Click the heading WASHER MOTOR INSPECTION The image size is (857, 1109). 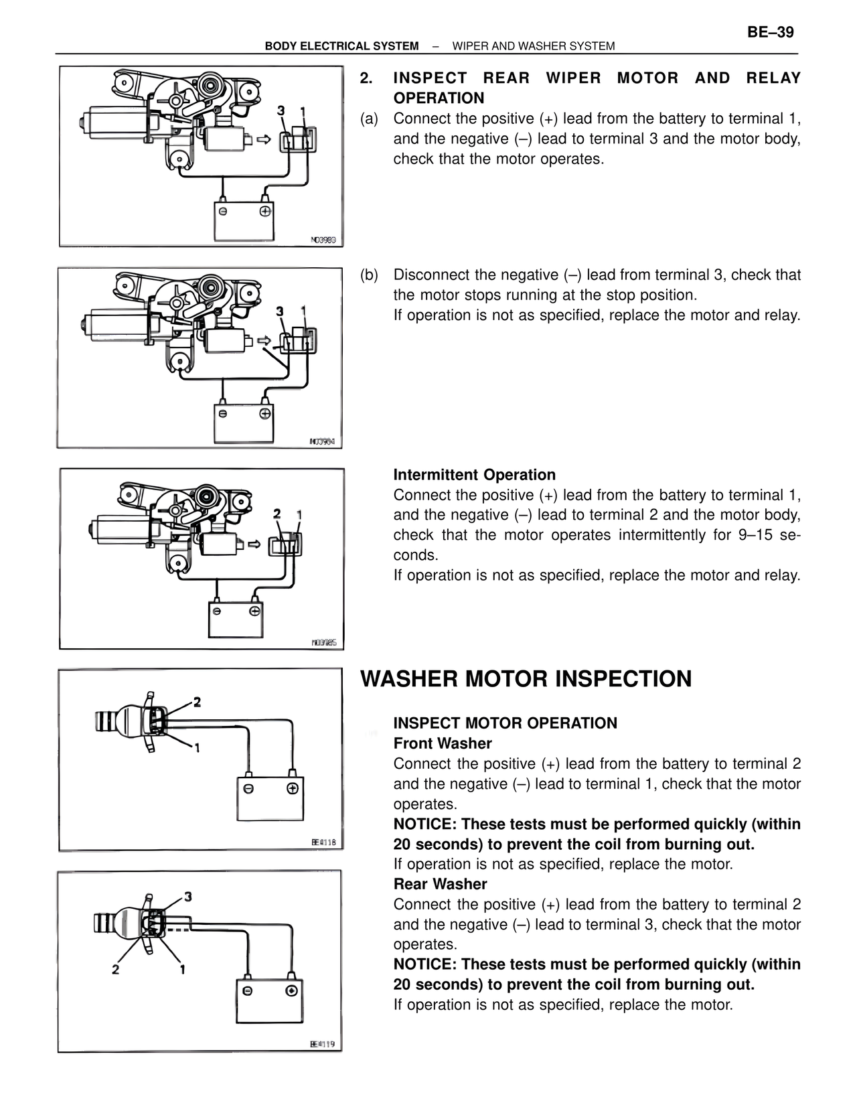pos(526,678)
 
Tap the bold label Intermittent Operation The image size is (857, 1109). pos(474,475)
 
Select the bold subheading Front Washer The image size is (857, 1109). pos(442,743)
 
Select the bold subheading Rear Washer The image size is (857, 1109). pos(440,884)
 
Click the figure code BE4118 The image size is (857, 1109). pos(323,842)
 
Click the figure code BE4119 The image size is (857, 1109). pos(322,1043)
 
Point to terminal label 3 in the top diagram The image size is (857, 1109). pos(281,111)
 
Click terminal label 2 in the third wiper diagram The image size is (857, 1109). pos(277,514)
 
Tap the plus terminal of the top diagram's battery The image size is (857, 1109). pos(265,211)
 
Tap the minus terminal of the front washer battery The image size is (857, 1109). pos(248,788)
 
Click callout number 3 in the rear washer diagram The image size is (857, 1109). pos(188,896)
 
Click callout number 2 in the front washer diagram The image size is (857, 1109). pos(197,702)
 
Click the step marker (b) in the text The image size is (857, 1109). pos(369,275)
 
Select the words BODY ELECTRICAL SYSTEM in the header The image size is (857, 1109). pos(341,46)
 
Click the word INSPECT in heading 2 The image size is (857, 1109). pos(430,78)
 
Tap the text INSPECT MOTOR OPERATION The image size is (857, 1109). pos(505,723)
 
